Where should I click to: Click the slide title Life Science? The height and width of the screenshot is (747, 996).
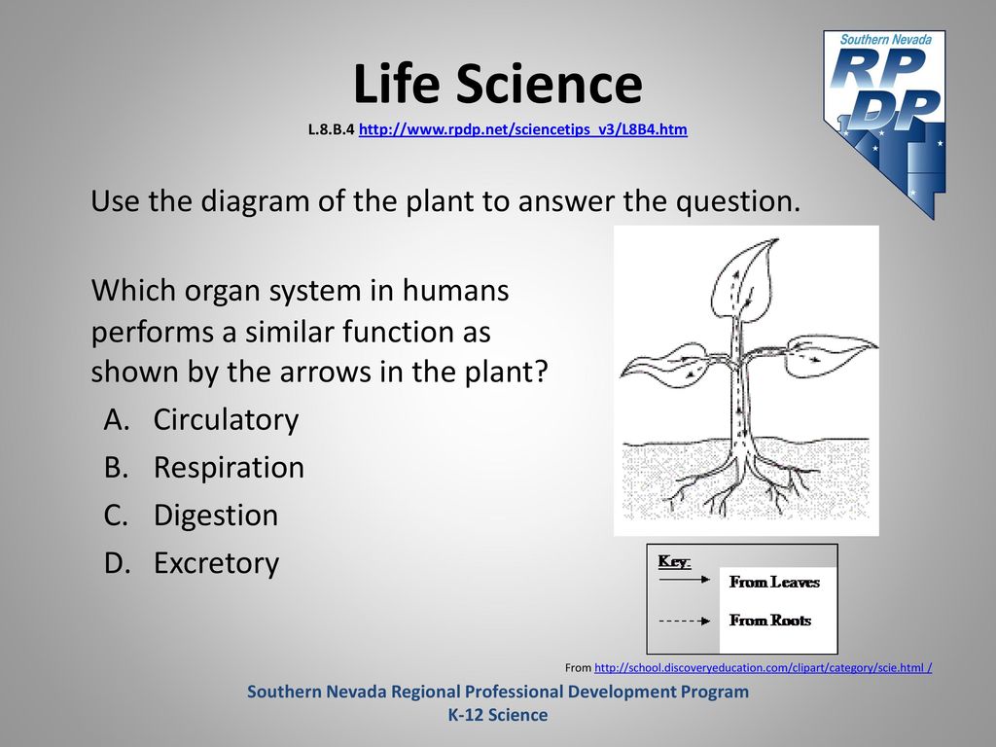(497, 84)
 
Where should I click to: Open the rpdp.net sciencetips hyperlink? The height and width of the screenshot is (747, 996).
(522, 129)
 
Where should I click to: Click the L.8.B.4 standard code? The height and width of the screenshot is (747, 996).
(331, 129)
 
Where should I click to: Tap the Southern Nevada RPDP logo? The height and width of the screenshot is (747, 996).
(885, 124)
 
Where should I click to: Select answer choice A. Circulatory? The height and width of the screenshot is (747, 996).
(201, 420)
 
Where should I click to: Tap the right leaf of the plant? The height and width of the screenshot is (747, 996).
(829, 356)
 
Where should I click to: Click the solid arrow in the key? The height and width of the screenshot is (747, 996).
(684, 580)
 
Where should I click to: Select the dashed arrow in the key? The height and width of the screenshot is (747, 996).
(684, 621)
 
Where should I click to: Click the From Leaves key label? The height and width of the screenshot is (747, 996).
(774, 582)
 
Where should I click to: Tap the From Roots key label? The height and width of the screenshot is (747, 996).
(770, 620)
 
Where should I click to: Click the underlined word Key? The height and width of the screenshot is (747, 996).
(674, 561)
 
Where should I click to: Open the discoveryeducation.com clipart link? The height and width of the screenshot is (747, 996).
(763, 667)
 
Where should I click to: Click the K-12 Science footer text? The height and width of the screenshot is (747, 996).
(498, 715)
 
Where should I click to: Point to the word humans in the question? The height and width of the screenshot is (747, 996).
(455, 290)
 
